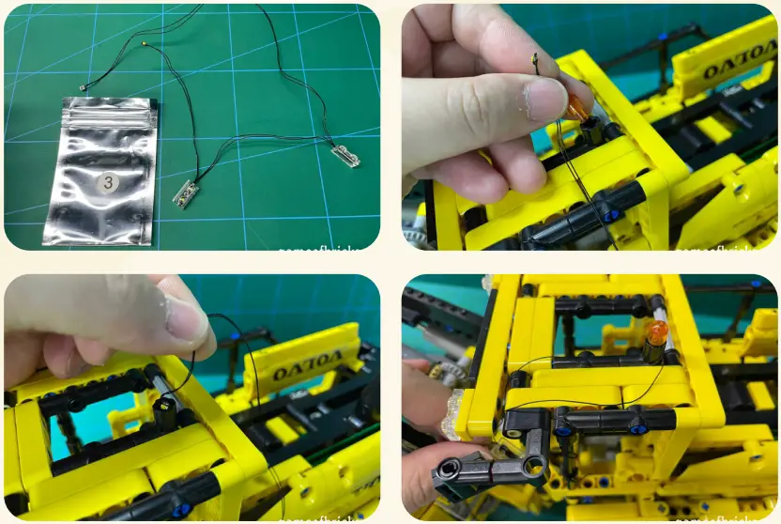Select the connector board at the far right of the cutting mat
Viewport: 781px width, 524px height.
345,157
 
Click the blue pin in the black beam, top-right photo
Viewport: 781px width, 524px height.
611,215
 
